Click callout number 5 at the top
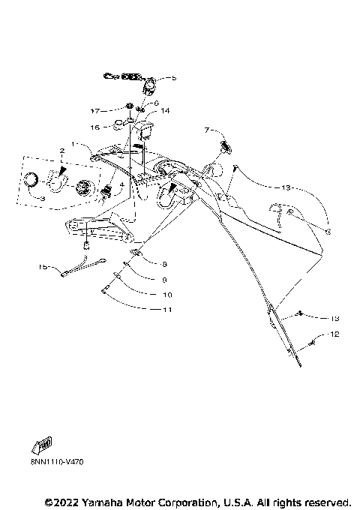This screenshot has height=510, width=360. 173,77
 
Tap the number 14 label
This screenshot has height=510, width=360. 165,110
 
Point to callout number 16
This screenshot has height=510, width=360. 95,128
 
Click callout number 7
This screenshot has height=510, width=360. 186,130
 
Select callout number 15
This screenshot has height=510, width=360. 43,266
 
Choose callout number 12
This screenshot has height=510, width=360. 334,333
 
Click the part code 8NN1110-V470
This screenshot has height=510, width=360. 57,463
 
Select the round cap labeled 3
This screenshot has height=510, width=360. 31,178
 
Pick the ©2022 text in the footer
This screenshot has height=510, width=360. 61,501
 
